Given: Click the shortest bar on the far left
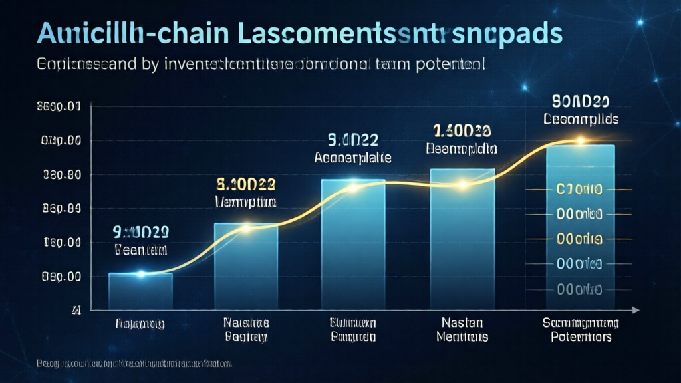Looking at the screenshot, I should [x=140, y=291].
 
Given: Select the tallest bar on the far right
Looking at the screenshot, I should [x=580, y=226].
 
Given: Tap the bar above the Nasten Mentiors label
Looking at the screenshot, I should [x=462, y=239].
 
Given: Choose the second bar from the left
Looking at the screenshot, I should [x=245, y=266].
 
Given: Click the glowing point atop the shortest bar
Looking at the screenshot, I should [x=140, y=273].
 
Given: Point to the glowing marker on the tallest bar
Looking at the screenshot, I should [x=580, y=140].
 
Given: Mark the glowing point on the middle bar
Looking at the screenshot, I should [x=353, y=188].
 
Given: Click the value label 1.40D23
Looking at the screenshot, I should [x=462, y=130].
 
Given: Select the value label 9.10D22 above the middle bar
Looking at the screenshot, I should [x=352, y=140].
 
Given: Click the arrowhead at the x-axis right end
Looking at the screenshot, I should [x=636, y=310].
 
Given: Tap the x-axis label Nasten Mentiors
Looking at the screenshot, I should [x=462, y=330].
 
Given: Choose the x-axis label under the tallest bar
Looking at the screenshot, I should [x=580, y=330].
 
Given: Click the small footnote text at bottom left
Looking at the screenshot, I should [x=134, y=364].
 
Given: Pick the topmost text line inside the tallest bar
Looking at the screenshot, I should [x=579, y=190].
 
